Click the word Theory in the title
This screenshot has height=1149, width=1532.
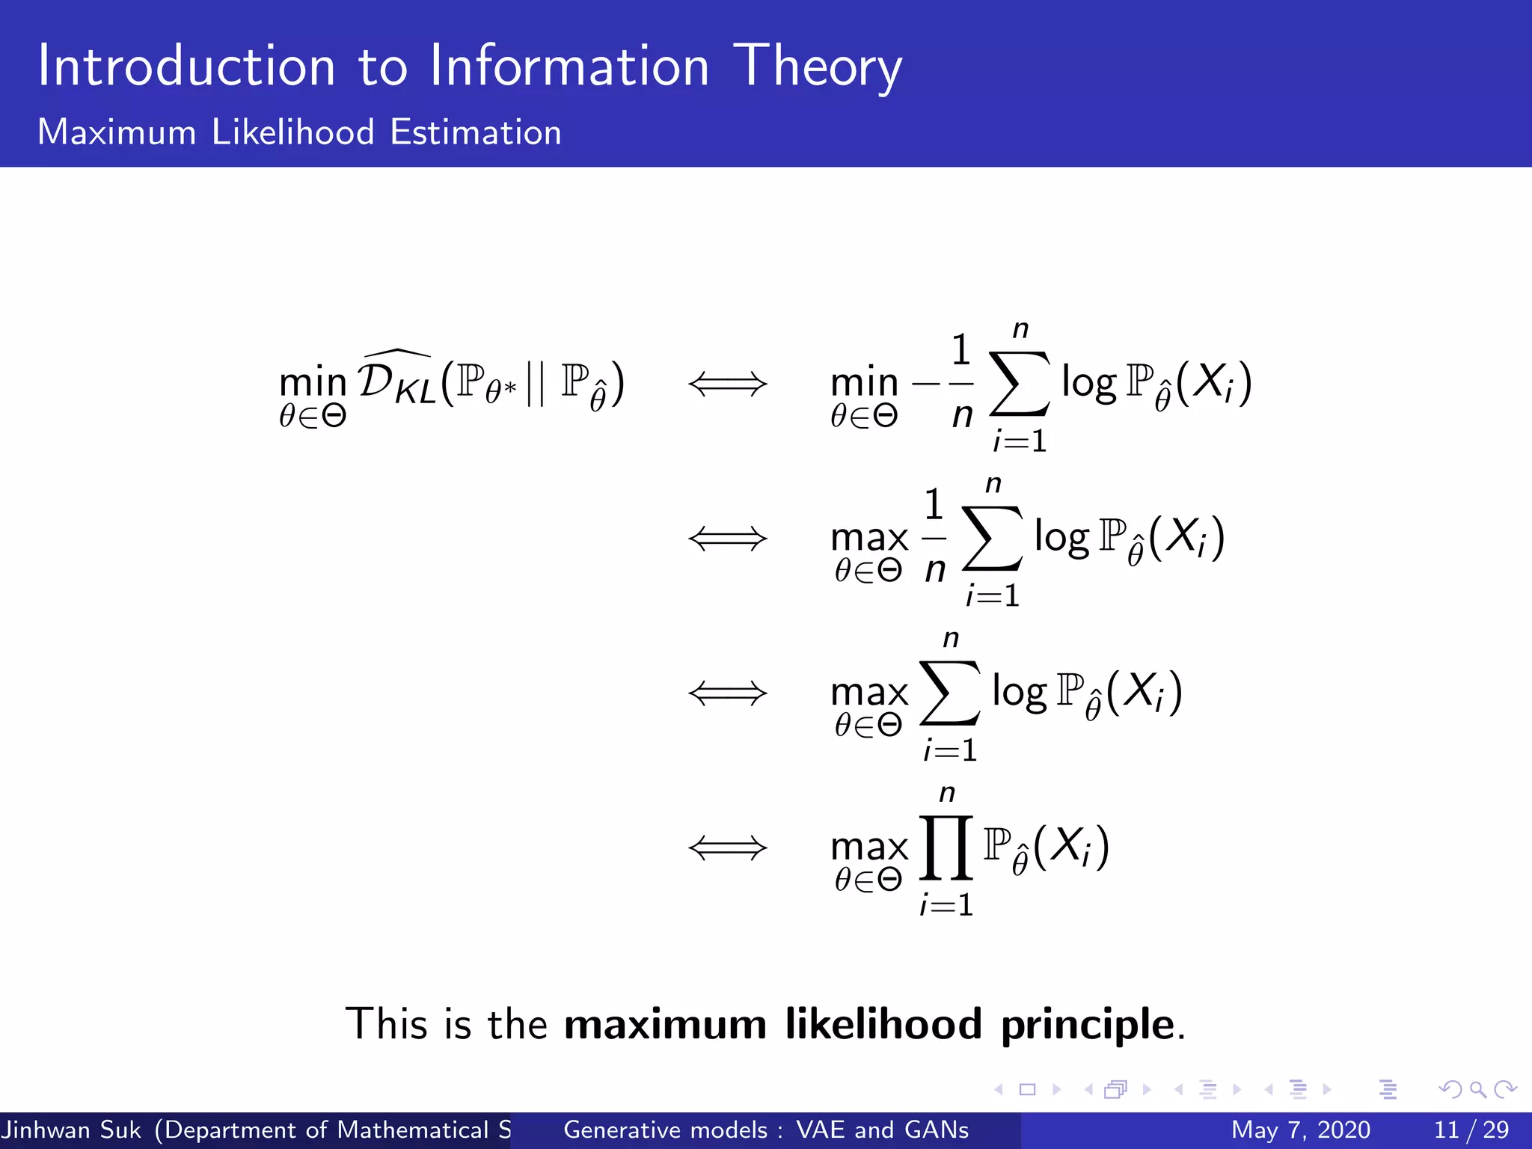point(817,67)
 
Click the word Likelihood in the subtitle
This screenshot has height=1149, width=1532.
point(292,132)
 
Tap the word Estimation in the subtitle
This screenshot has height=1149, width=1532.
point(476,132)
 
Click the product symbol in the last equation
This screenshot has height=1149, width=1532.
point(946,848)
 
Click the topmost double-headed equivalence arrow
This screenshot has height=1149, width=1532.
point(728,384)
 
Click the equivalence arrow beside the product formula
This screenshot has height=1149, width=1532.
point(728,848)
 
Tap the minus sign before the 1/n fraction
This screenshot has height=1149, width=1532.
point(925,384)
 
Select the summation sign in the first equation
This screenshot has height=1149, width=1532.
point(1020,384)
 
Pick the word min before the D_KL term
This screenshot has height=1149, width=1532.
point(313,382)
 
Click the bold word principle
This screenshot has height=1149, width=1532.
point(1088,1025)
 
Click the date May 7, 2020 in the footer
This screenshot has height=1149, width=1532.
point(1300,1130)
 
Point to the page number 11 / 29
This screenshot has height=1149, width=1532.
point(1471,1130)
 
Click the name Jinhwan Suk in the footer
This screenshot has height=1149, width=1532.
point(72,1130)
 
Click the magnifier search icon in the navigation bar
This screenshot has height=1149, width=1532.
point(1477,1089)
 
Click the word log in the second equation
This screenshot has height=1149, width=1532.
point(1061,537)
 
